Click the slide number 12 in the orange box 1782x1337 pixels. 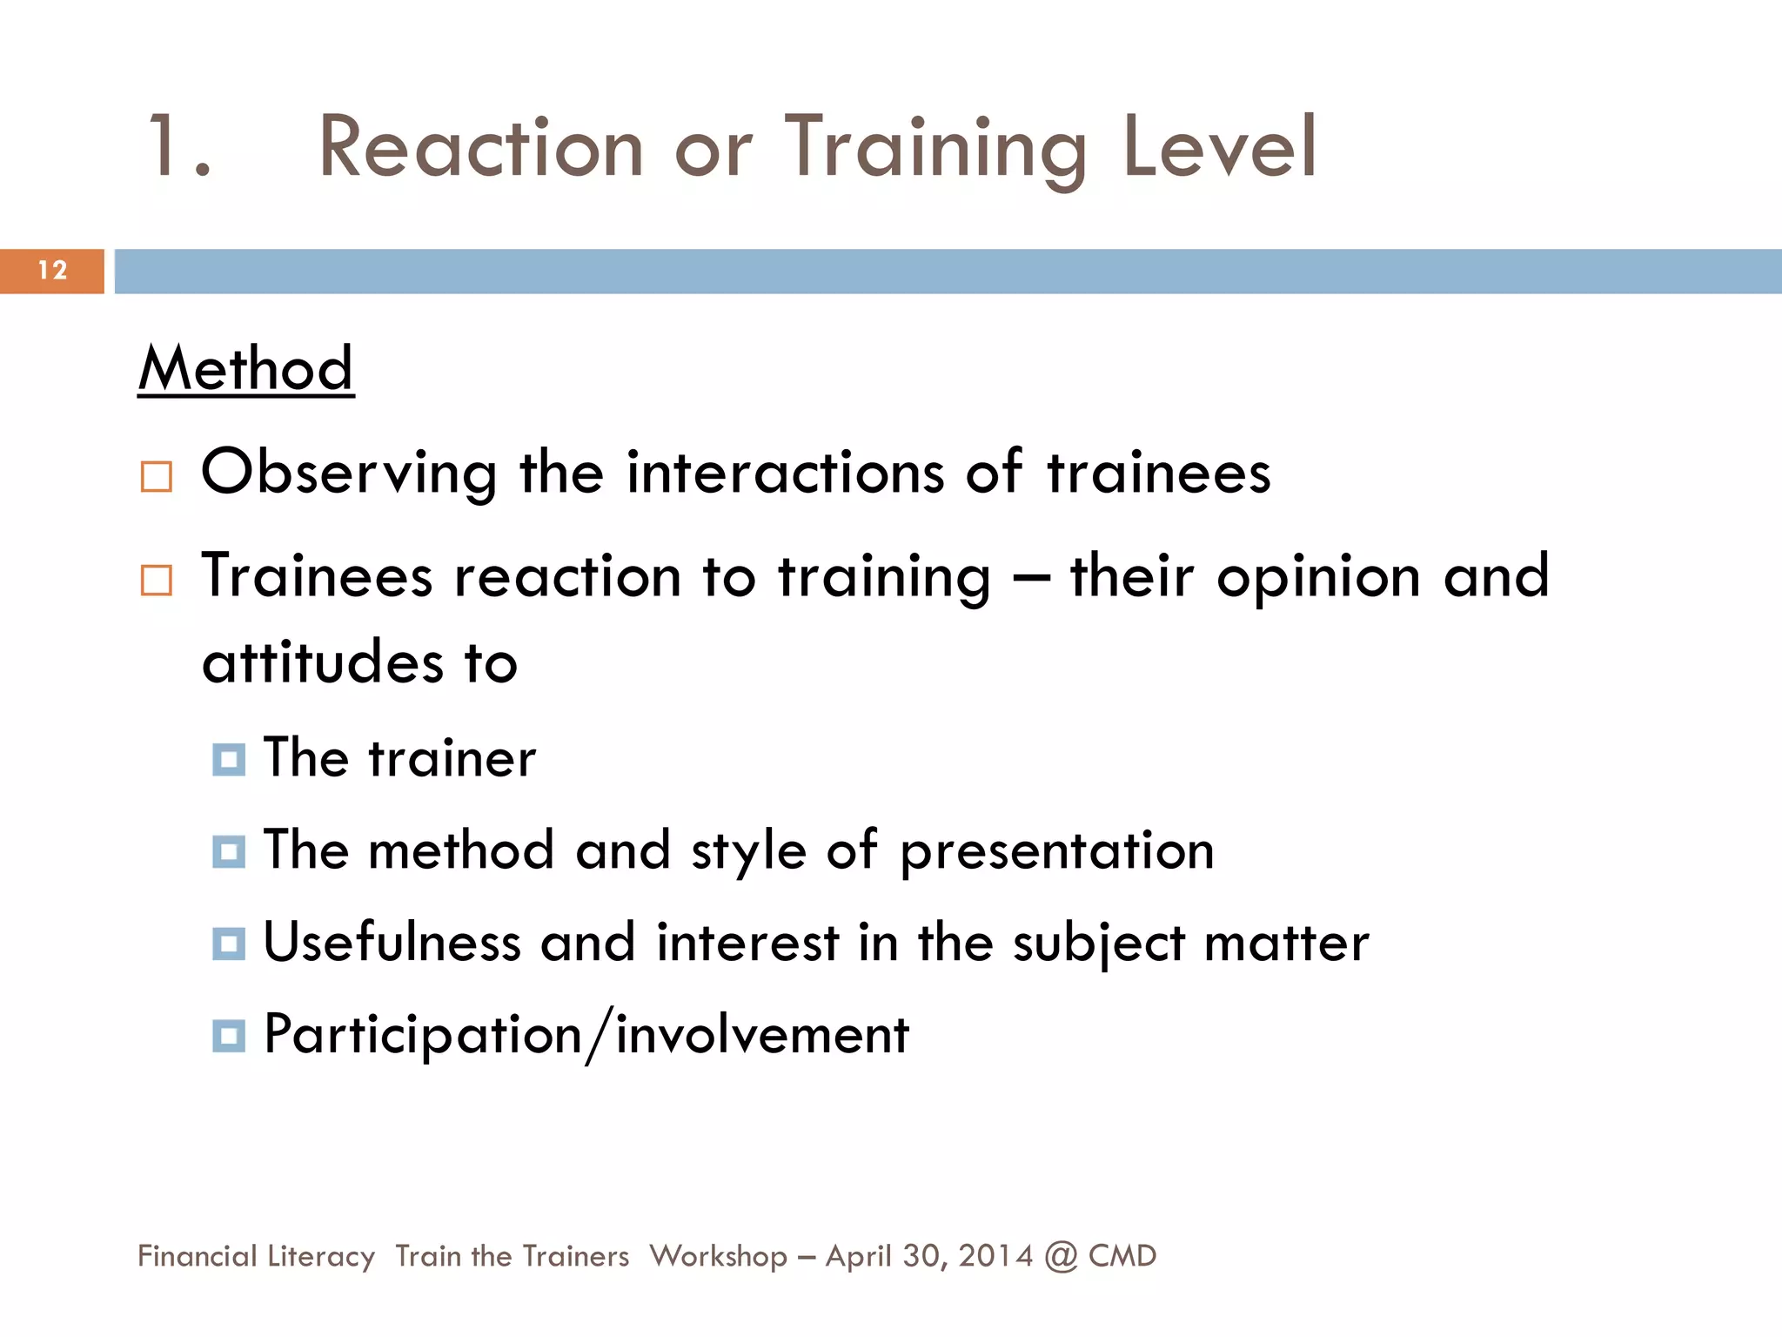click(x=52, y=271)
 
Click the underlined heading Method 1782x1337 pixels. click(x=246, y=368)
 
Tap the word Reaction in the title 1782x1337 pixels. click(x=480, y=147)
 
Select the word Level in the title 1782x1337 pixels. click(x=1220, y=147)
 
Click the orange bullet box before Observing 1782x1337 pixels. click(x=157, y=477)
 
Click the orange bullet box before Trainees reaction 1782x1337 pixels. click(x=157, y=580)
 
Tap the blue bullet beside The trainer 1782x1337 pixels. click(x=229, y=759)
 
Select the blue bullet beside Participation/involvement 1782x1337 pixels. click(x=229, y=1036)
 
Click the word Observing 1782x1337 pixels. click(x=349, y=473)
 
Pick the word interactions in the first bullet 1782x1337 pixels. click(x=785, y=473)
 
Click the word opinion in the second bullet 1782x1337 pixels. click(x=1319, y=577)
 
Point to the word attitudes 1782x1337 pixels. click(x=323, y=662)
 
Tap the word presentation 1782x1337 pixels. click(x=1056, y=850)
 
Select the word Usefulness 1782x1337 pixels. click(x=392, y=943)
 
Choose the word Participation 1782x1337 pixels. click(x=423, y=1036)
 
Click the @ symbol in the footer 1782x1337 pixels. click(x=1061, y=1256)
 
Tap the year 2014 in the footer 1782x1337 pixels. click(x=995, y=1256)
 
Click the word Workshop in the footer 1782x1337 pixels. click(x=718, y=1256)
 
